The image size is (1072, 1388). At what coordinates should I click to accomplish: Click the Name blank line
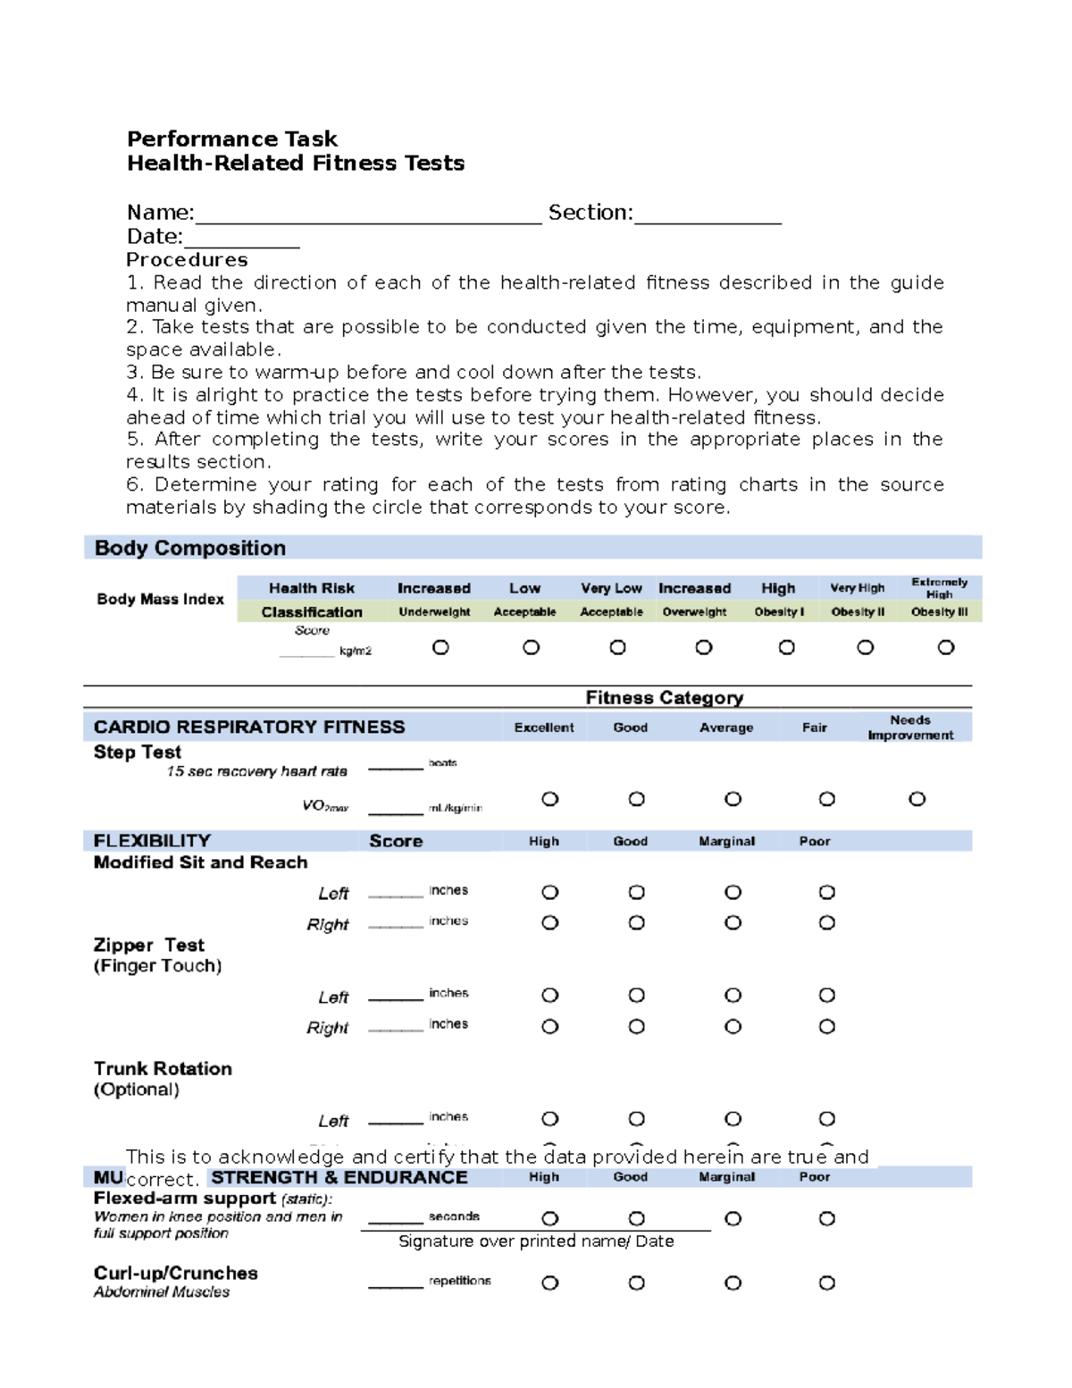[x=368, y=220]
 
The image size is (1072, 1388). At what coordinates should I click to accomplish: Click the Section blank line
[x=708, y=220]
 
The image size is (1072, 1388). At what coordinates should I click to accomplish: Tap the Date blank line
[x=241, y=244]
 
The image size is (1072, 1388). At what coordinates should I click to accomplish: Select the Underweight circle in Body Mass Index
[x=440, y=647]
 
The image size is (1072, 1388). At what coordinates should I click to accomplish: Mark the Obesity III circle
[x=946, y=647]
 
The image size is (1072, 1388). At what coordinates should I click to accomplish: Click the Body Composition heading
[x=190, y=548]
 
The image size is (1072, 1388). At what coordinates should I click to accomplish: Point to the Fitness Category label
[x=664, y=697]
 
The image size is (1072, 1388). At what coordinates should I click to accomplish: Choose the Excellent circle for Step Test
[x=550, y=799]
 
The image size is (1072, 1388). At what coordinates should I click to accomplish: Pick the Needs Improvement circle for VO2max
[x=917, y=799]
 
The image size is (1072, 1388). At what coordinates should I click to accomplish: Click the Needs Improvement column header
[x=909, y=728]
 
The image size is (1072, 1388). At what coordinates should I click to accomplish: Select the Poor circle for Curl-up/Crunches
[x=827, y=1283]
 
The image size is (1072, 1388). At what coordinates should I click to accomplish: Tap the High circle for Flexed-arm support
[x=550, y=1219]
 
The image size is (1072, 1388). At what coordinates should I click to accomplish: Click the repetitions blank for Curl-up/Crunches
[x=395, y=1284]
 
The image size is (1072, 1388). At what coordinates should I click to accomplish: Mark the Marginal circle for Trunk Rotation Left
[x=733, y=1119]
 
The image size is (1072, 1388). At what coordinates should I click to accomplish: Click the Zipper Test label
[x=149, y=946]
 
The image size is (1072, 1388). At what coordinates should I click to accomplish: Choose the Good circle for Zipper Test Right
[x=636, y=1027]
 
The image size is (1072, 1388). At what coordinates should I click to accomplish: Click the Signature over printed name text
[x=536, y=1241]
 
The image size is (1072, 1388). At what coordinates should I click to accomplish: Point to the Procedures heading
[x=187, y=260]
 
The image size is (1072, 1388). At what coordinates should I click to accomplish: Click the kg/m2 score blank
[x=306, y=653]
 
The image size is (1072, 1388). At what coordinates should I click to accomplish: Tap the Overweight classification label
[x=694, y=612]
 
